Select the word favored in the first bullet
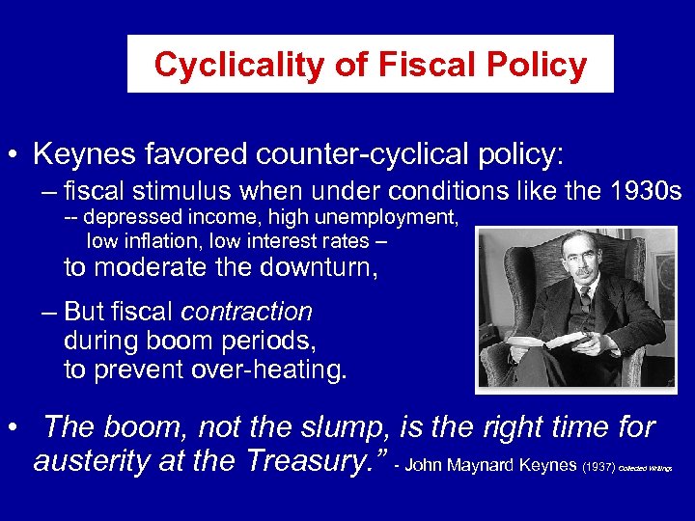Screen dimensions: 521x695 [189, 153]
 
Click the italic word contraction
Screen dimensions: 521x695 [247, 312]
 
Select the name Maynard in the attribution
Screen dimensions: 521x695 [483, 465]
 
